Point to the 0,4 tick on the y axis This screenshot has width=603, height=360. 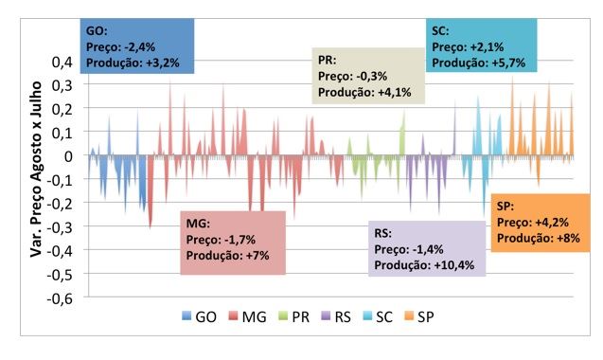point(62,63)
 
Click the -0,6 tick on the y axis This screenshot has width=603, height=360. point(60,297)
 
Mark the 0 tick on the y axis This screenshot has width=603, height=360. point(68,156)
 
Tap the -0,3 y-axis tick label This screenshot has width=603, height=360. point(60,227)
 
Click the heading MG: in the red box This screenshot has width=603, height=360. point(198,224)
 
